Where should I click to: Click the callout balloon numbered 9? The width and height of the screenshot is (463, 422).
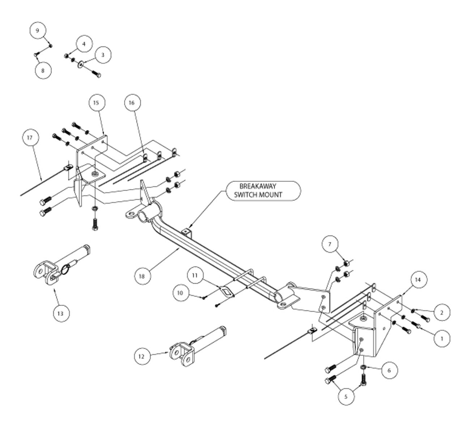tap(38, 30)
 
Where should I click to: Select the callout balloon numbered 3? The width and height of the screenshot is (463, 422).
tap(103, 55)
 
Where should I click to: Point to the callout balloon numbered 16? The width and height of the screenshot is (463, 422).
tap(131, 103)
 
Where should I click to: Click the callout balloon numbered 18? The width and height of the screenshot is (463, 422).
tap(142, 276)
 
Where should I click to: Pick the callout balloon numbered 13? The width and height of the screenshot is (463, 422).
tap(60, 314)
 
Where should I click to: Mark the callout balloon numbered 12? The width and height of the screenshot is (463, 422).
tap(141, 357)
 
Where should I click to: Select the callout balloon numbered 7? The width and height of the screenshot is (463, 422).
tap(330, 244)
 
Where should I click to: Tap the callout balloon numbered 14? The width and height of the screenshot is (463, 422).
tap(418, 280)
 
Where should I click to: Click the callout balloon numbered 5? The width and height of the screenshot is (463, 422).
tap(346, 397)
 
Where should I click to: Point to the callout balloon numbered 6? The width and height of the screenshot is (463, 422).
tap(389, 371)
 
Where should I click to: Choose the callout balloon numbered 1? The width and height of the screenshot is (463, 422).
tap(442, 339)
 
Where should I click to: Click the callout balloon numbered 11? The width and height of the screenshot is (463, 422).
tap(195, 275)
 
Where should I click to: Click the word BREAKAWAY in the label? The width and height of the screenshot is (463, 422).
tap(258, 186)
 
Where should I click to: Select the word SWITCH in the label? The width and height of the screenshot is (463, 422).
tap(245, 195)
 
